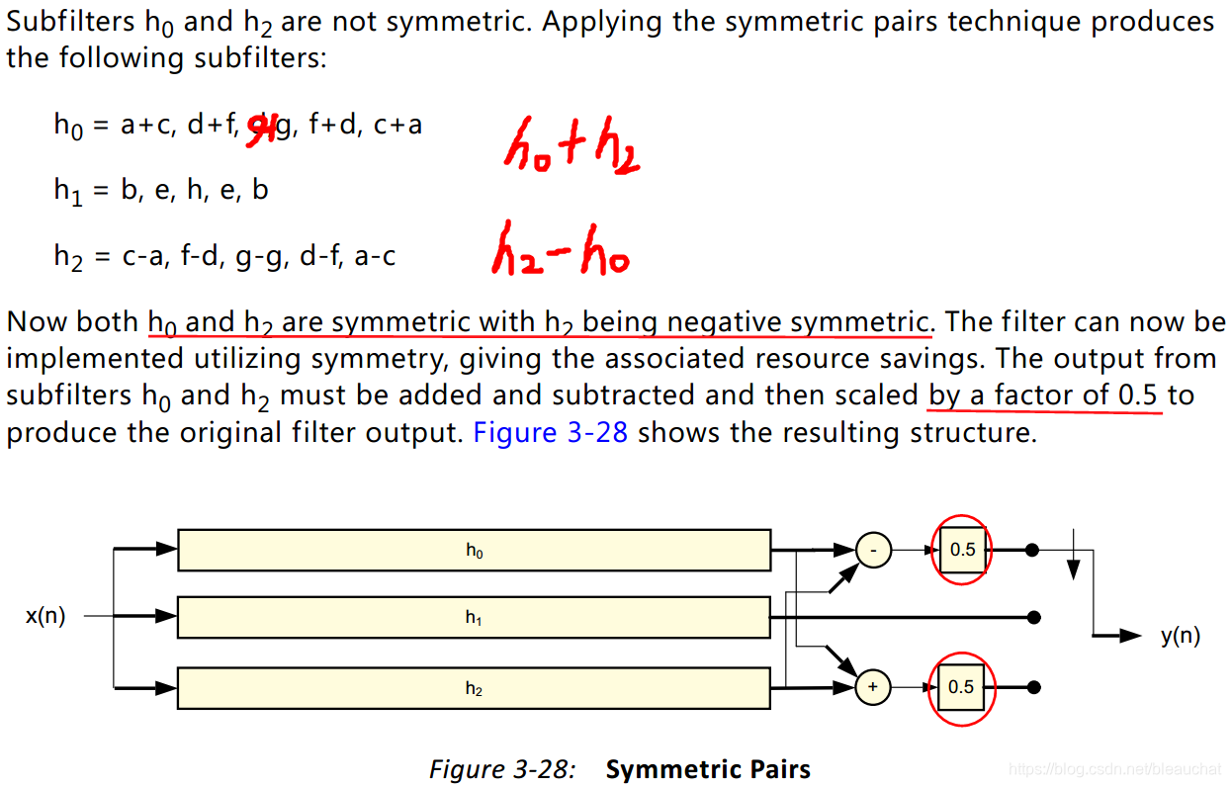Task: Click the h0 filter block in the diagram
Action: (x=474, y=551)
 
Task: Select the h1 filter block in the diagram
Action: (x=474, y=617)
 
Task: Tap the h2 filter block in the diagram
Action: (x=474, y=688)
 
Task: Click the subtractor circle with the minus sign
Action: (x=873, y=550)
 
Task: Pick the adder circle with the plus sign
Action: (x=873, y=687)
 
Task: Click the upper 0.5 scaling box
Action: (x=961, y=550)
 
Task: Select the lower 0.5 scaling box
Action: (x=961, y=687)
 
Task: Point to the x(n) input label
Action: (x=45, y=616)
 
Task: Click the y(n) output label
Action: (x=1181, y=636)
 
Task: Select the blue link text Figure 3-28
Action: (x=551, y=433)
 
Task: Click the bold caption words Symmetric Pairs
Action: (x=708, y=769)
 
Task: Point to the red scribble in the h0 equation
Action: (x=260, y=126)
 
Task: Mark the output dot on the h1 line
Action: (x=1033, y=617)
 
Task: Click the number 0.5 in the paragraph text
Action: (x=1137, y=395)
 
